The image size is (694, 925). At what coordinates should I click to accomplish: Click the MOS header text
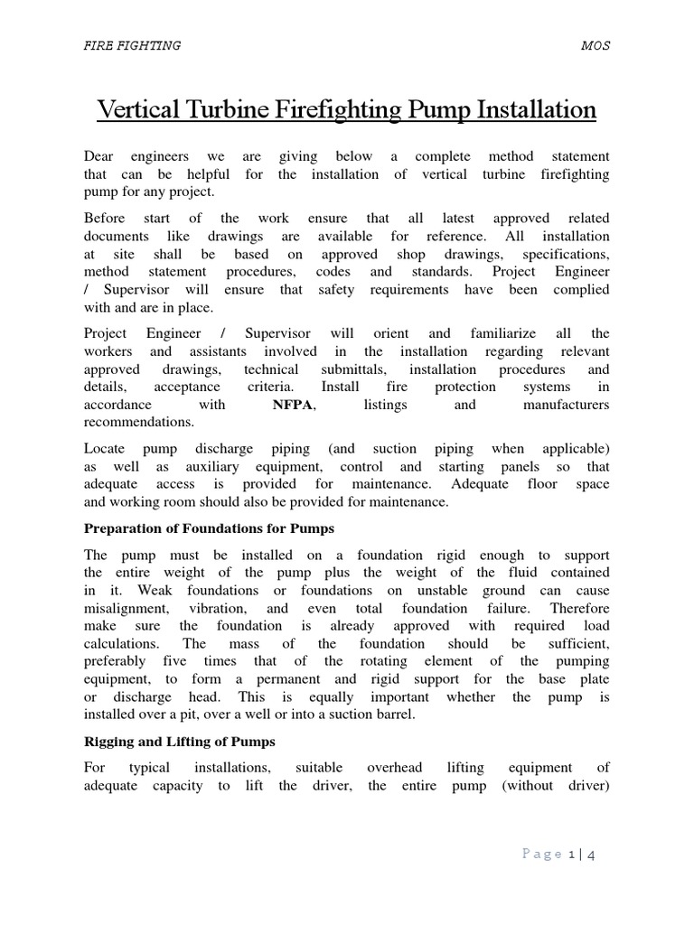tap(596, 46)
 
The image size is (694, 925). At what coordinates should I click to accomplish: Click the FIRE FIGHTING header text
tap(132, 46)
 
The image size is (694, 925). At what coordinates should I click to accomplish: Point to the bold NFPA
tap(293, 405)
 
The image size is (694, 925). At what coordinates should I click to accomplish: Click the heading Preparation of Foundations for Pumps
tap(209, 528)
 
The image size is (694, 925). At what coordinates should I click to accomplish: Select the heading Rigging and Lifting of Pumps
tap(179, 742)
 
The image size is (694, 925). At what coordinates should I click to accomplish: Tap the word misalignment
tap(123, 609)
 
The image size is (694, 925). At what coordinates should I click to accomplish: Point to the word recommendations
tap(139, 422)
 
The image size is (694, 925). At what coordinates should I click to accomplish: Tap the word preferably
tap(121, 662)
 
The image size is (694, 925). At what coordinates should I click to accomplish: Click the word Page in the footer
tap(543, 855)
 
